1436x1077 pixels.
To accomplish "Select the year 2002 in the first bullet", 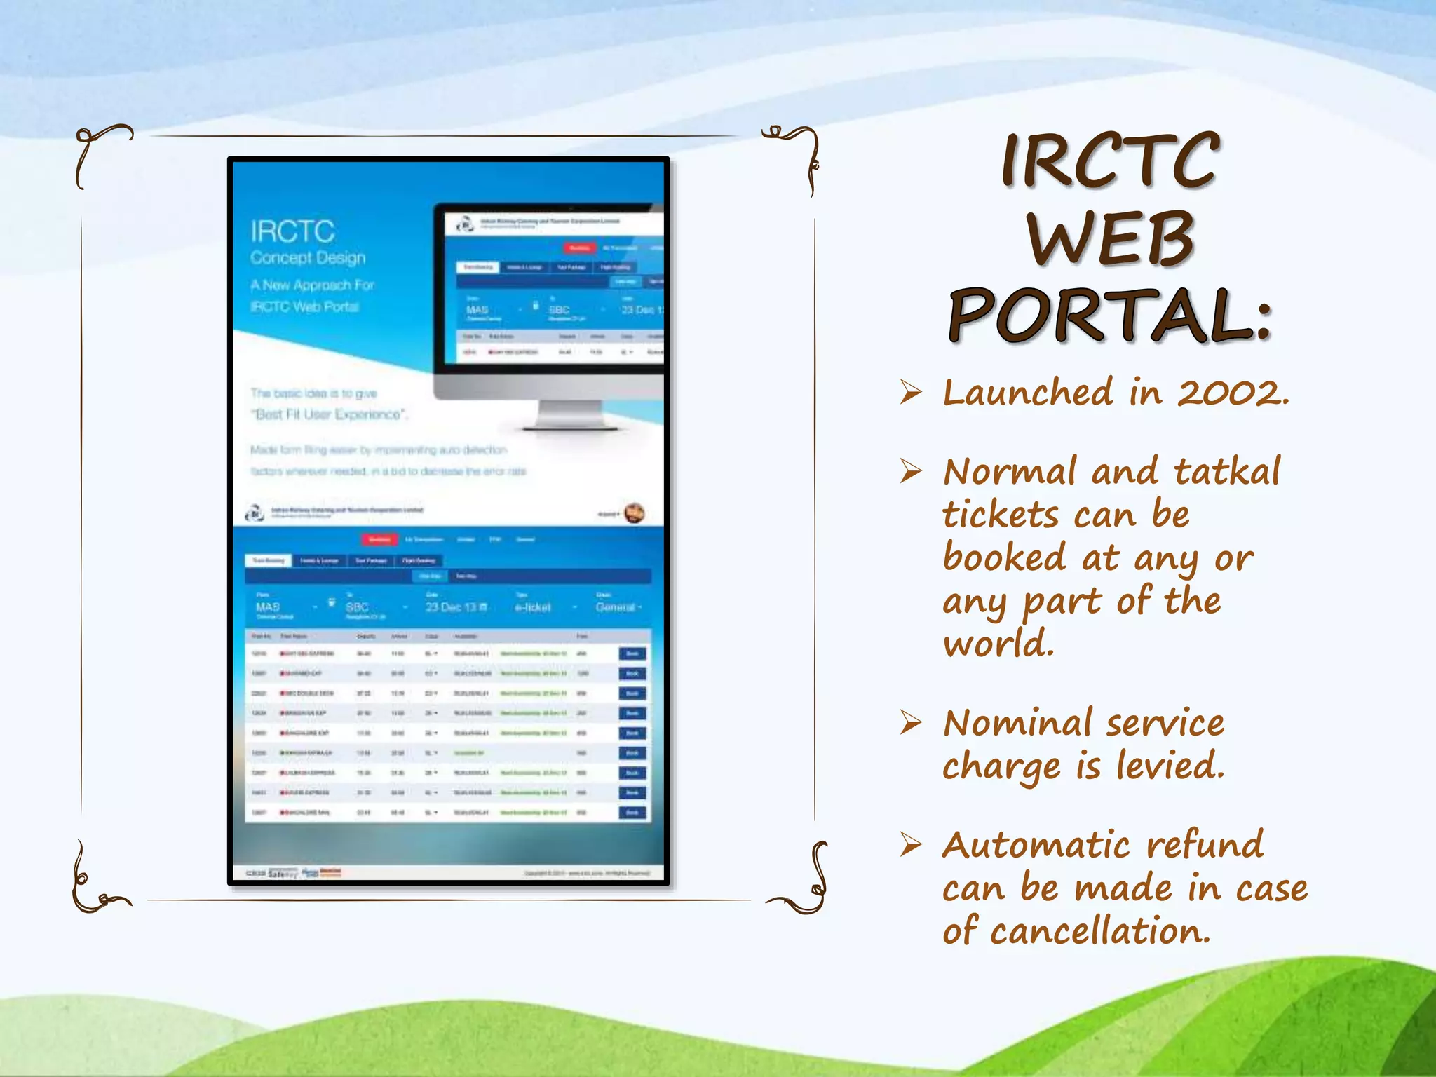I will click(1233, 393).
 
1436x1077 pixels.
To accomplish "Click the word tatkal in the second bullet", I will click(1227, 471).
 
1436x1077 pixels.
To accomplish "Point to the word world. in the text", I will click(998, 644).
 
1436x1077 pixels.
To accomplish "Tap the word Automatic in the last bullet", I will click(1036, 845).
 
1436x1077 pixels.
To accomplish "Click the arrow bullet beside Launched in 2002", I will click(911, 392).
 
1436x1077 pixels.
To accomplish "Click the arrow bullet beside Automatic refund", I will click(911, 845).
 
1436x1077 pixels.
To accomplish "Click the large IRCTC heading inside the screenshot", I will click(292, 231).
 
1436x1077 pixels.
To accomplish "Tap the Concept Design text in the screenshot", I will click(308, 258).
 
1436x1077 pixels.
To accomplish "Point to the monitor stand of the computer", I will click(569, 415).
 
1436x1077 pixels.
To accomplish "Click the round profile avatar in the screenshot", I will click(634, 513).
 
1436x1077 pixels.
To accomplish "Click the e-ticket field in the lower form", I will click(533, 607).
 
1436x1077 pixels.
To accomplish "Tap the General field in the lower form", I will click(617, 607).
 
